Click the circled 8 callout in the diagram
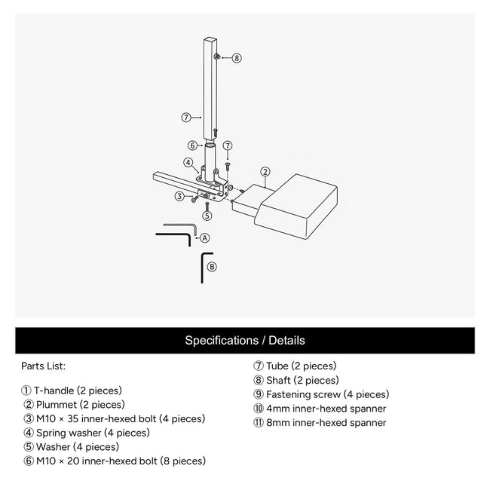point(237,57)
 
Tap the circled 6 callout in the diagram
point(191,145)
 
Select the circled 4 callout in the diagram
point(188,161)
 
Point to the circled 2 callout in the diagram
point(265,171)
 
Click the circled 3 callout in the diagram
point(179,197)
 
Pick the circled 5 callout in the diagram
point(207,215)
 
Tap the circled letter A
point(204,237)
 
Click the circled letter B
point(212,266)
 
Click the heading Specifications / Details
point(245,341)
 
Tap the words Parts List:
point(43,366)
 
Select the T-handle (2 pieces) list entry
point(72,390)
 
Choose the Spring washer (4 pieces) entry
point(86,433)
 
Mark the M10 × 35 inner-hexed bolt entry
point(114,418)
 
